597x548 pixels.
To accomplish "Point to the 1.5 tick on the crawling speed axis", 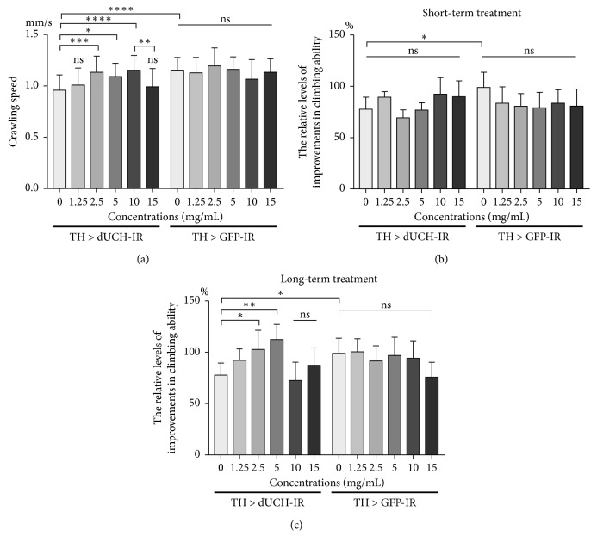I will click(33, 34).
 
